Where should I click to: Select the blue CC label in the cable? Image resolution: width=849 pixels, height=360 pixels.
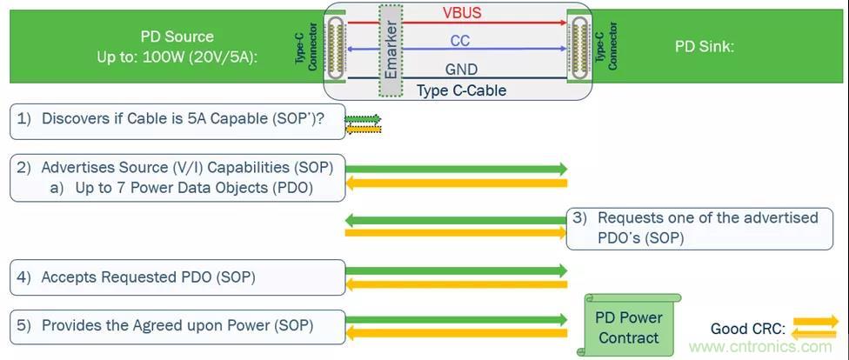click(461, 41)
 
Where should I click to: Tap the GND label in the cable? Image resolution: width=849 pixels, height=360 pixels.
click(460, 70)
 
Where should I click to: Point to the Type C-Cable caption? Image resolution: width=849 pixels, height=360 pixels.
click(460, 90)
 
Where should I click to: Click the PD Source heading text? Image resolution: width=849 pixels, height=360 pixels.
click(177, 37)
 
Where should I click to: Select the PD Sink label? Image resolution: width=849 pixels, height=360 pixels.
click(705, 46)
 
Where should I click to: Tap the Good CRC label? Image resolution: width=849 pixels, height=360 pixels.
click(748, 329)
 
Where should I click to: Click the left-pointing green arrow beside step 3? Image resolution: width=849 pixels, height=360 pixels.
click(456, 219)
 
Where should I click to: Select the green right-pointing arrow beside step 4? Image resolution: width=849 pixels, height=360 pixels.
click(456, 271)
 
